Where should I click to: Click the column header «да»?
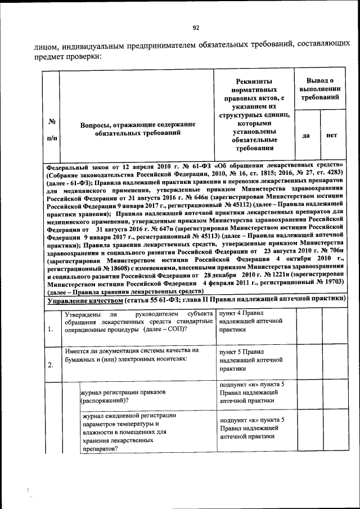pos(307,136)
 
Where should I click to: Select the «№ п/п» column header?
pos(51,129)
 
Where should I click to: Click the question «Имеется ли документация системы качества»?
pos(132,350)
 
